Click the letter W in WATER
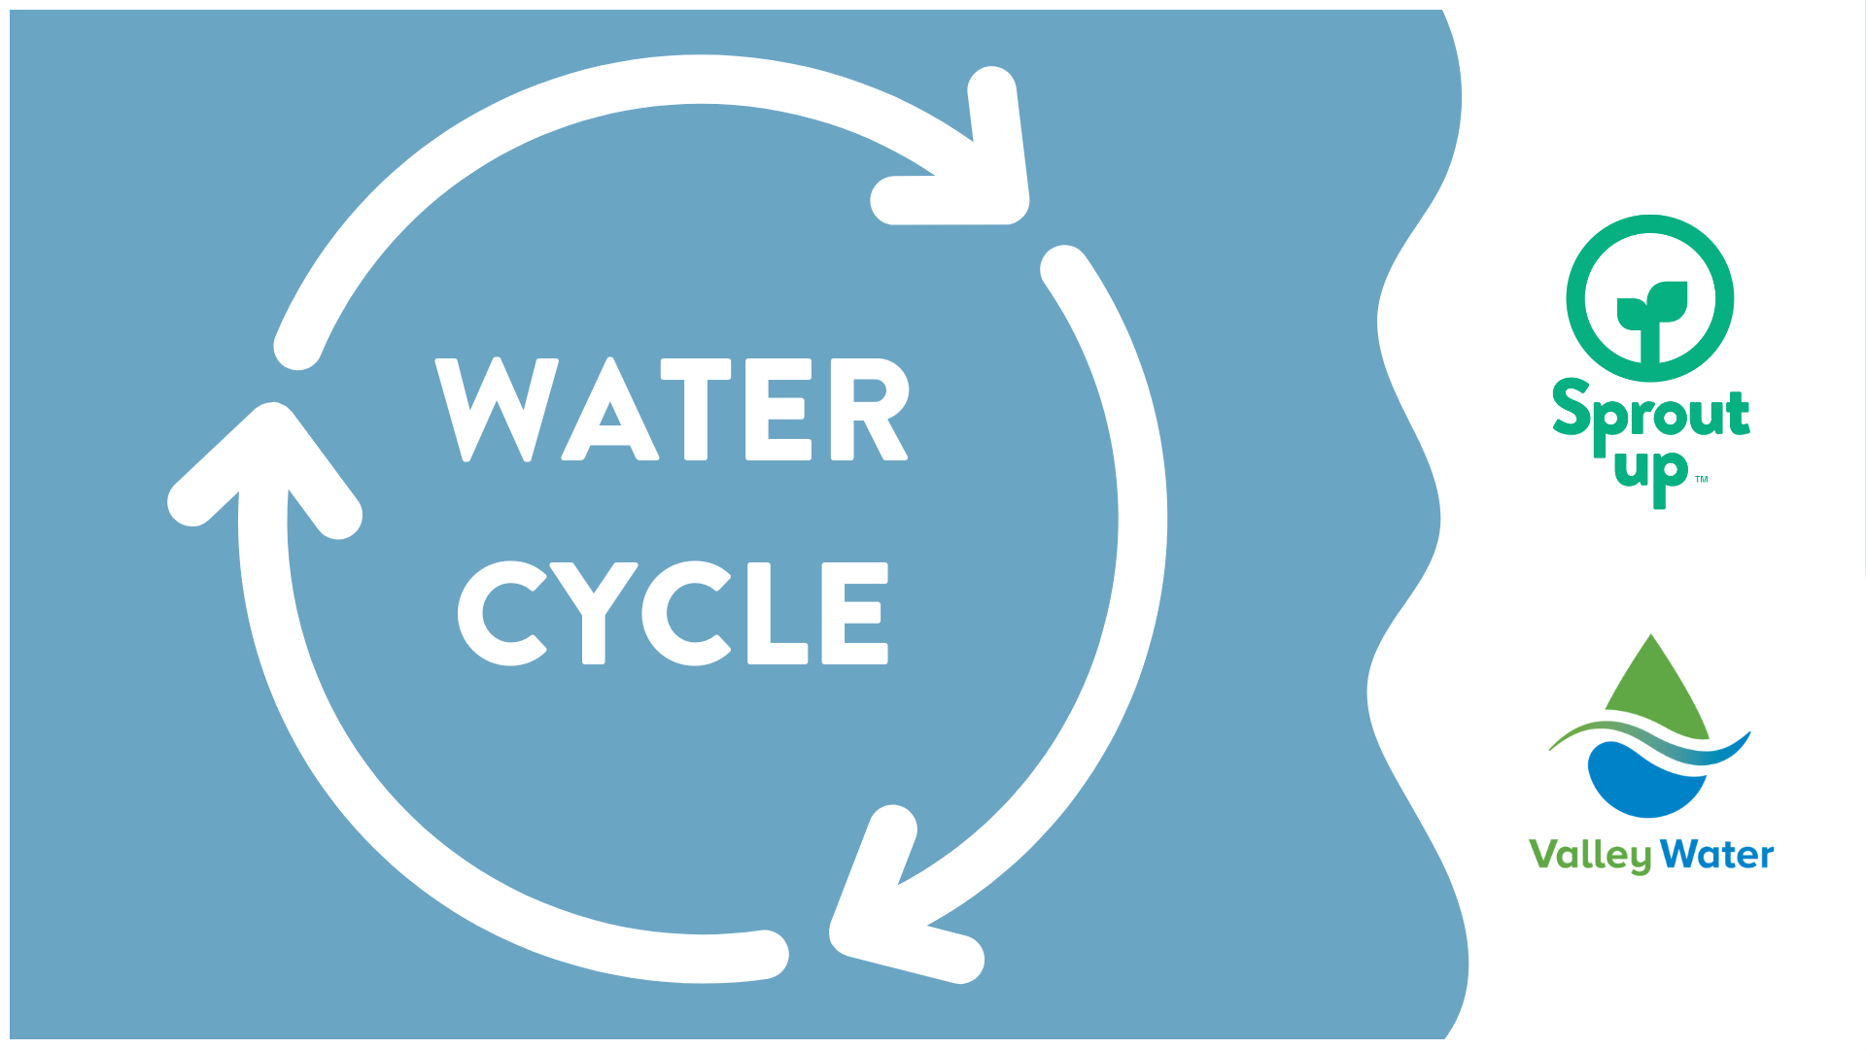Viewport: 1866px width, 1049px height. click(497, 408)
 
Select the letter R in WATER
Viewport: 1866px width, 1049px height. click(869, 408)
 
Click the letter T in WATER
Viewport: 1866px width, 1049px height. click(695, 408)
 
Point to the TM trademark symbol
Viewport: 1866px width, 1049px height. click(1702, 479)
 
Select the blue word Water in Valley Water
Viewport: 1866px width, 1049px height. click(1717, 855)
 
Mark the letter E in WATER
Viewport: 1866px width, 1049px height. click(777, 408)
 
